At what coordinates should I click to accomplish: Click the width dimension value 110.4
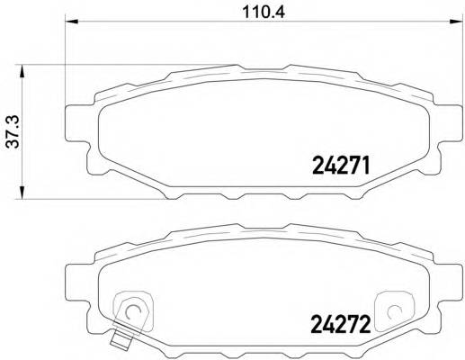(255, 13)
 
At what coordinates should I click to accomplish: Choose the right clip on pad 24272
(392, 310)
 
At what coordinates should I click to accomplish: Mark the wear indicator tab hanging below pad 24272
(120, 339)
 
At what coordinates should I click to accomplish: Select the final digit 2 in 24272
(367, 320)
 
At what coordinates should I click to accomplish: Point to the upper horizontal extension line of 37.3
(135, 64)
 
